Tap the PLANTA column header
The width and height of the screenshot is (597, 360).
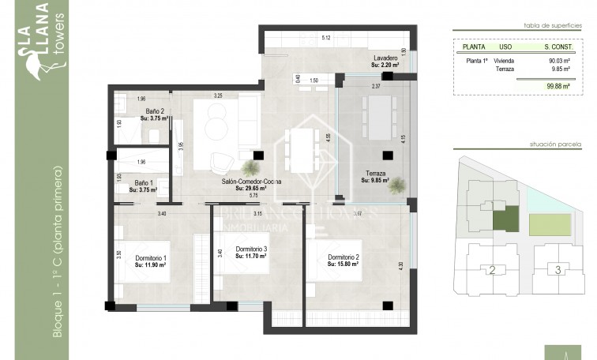point(474,47)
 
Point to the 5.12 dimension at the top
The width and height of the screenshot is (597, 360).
point(326,38)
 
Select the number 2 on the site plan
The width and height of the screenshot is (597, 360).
point(492,271)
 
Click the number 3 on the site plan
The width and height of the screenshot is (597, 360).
point(558,271)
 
